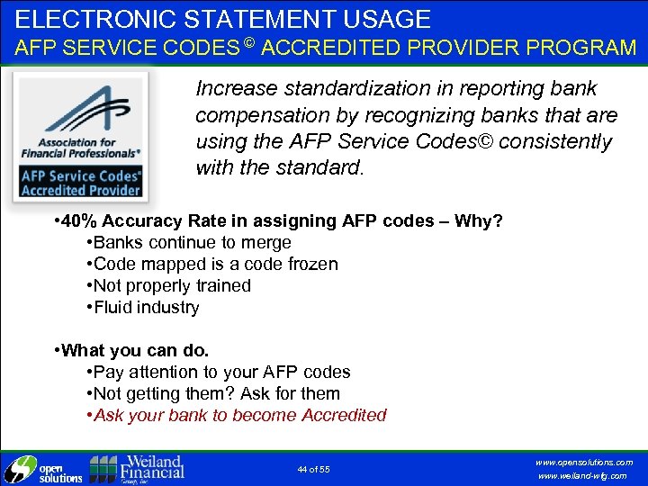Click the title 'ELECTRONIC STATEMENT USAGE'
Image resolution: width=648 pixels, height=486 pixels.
223,19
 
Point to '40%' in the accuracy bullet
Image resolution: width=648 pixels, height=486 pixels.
79,220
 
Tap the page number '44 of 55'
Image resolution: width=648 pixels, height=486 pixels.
313,469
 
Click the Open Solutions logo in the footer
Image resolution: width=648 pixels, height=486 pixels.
43,469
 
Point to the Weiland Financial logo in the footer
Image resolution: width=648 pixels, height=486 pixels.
137,468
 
